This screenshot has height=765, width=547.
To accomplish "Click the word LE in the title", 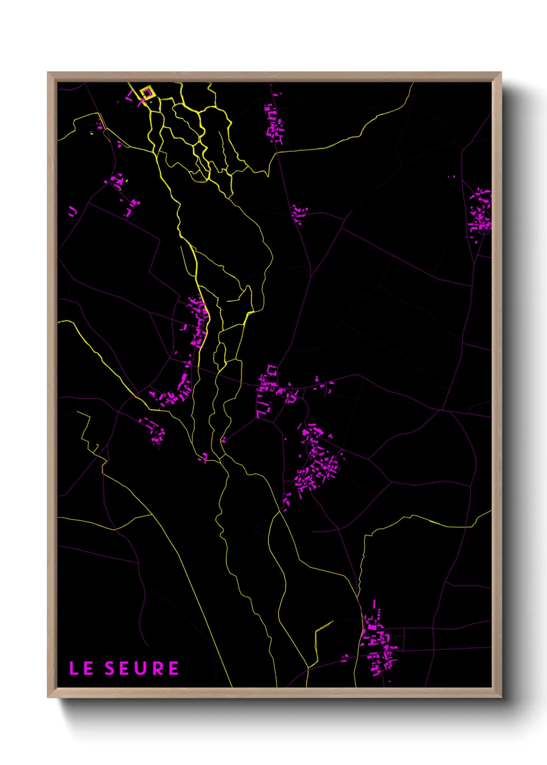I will click(x=81, y=668).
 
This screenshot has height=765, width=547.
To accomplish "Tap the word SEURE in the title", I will click(x=142, y=668).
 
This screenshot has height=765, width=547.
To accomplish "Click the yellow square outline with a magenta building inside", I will click(x=148, y=93).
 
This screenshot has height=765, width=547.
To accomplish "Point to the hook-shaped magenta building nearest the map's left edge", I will click(x=72, y=211).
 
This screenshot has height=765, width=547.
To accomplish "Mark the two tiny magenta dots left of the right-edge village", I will click(x=451, y=177).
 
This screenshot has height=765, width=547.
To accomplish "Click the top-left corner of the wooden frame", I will click(x=49, y=73).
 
